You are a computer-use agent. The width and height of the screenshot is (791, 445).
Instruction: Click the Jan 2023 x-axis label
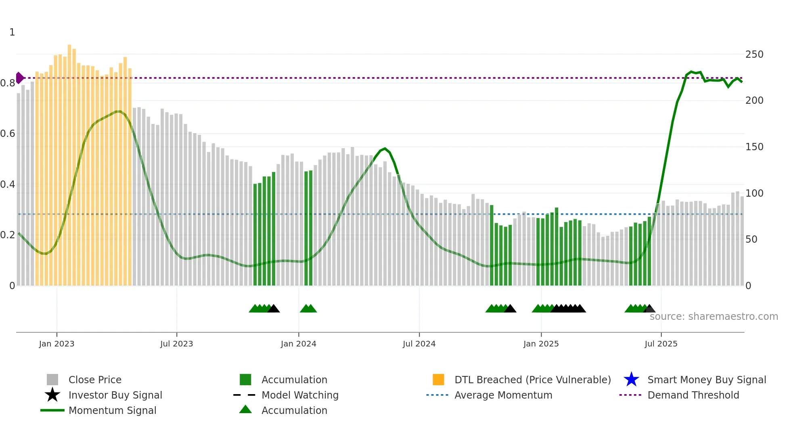pyautogui.click(x=56, y=344)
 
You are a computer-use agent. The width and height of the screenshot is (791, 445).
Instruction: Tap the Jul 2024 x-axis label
pyautogui.click(x=419, y=344)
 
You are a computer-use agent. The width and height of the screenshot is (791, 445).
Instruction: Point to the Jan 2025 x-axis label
pyautogui.click(x=541, y=344)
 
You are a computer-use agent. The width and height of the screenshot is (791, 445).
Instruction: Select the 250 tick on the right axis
pyautogui.click(x=754, y=55)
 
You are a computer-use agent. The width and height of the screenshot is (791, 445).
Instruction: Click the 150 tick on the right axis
pyautogui.click(x=754, y=147)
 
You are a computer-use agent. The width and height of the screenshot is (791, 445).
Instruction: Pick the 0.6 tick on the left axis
pyautogui.click(x=8, y=134)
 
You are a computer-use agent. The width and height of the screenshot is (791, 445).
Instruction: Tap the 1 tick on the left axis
pyautogui.click(x=12, y=32)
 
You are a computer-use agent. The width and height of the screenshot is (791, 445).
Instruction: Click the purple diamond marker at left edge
pyautogui.click(x=19, y=78)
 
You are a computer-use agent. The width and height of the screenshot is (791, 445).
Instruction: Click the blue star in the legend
pyautogui.click(x=631, y=380)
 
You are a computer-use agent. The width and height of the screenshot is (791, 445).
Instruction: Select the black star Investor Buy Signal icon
pyautogui.click(x=52, y=395)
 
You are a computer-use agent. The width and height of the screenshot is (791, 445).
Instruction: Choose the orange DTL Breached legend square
pyautogui.click(x=438, y=380)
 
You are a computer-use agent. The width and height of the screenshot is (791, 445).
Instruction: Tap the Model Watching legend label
pyautogui.click(x=300, y=395)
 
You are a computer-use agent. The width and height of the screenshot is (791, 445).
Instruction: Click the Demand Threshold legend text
pyautogui.click(x=693, y=395)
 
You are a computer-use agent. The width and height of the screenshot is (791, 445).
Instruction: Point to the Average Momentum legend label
pyautogui.click(x=503, y=395)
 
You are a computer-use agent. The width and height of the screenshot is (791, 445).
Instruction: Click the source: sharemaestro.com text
pyautogui.click(x=714, y=317)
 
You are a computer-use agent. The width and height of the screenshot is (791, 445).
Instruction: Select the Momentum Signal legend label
pyautogui.click(x=112, y=410)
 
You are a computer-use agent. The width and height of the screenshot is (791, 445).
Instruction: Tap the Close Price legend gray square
pyautogui.click(x=52, y=380)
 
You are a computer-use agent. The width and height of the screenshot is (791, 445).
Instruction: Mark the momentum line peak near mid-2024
pyautogui.click(x=385, y=149)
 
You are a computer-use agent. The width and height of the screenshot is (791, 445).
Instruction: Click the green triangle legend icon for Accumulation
pyautogui.click(x=245, y=409)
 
